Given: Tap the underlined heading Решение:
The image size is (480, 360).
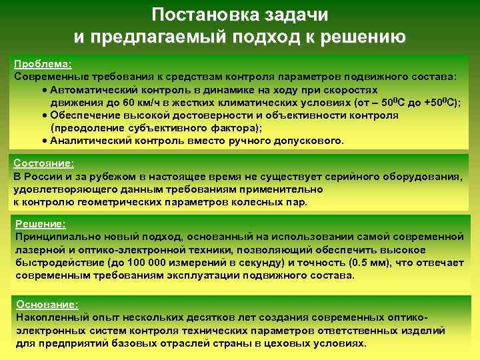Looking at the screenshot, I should click(x=41, y=225).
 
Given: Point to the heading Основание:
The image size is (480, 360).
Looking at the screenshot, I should click(x=47, y=304).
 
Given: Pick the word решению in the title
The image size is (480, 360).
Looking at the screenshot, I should click(x=363, y=35).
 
